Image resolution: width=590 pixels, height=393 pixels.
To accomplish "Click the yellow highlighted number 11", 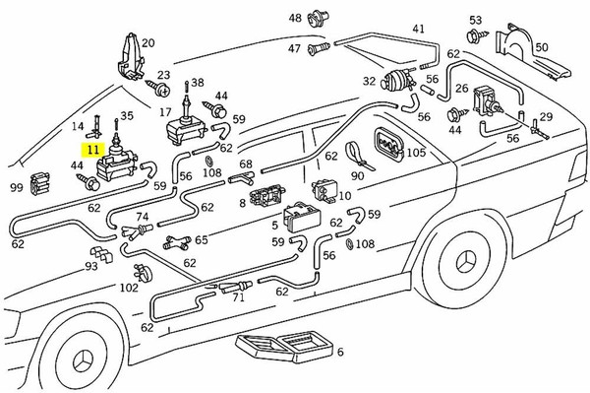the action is point(93,150).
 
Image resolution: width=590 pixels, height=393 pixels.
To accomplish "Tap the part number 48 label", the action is point(295,18).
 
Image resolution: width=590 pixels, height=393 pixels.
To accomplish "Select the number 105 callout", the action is point(416,153).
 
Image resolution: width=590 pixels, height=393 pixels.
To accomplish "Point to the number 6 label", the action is point(340,352).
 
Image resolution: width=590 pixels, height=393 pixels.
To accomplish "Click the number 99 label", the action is point(17,187).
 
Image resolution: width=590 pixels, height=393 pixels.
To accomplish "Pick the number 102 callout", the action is point(129,288).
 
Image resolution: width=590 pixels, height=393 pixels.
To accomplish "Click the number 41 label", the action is point(419,29).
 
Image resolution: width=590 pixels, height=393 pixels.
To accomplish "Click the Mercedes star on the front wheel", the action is point(84,361).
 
